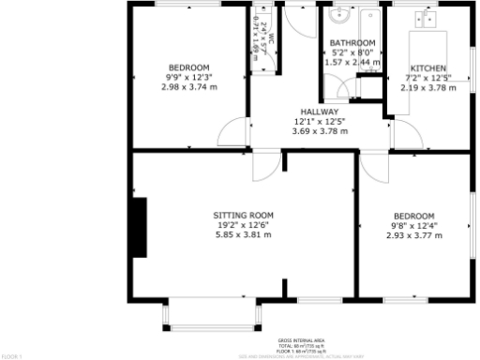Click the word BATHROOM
pos(352,43)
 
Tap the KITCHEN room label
pos(427,68)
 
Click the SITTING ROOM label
pos(243,216)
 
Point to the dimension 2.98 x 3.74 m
pos(188,87)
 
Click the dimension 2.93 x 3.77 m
pos(413,235)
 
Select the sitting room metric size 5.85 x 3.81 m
pos(243,235)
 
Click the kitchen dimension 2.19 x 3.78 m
pos(427,88)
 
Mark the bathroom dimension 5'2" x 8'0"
pos(352,53)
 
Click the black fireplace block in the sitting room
pos(139,227)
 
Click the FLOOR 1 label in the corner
pos(12,356)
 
